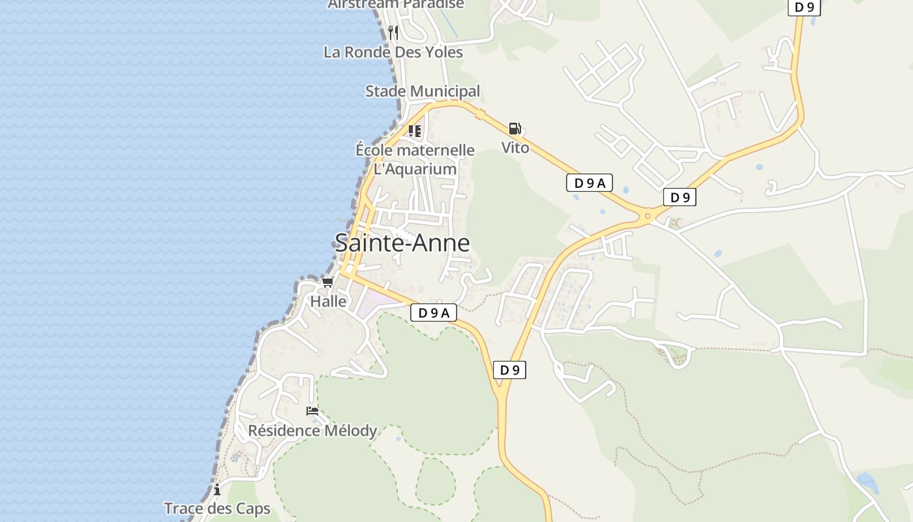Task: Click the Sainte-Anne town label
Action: point(402,243)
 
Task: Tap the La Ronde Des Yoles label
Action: point(393,52)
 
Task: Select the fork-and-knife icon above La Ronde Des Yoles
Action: point(393,32)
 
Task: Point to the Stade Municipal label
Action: point(422,91)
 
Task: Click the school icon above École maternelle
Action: point(415,131)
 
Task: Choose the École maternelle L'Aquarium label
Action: point(415,159)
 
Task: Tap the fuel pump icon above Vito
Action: point(515,129)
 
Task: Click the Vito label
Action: point(515,147)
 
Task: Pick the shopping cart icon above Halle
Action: point(327,283)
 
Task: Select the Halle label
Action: point(328,301)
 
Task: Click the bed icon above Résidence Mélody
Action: point(312,411)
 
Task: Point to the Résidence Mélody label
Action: point(312,431)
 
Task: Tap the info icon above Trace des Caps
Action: point(217,490)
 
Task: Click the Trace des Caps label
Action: point(217,509)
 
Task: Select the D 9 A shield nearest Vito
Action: point(590,183)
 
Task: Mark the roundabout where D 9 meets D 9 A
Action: point(648,216)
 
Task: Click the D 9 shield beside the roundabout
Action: point(680,197)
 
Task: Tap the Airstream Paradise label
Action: point(396,5)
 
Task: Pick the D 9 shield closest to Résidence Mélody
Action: point(509,370)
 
